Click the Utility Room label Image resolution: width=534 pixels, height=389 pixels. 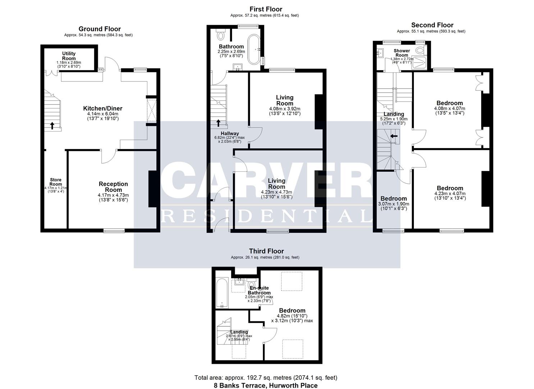(x=69, y=56)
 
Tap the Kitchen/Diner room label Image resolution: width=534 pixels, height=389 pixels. (x=102, y=108)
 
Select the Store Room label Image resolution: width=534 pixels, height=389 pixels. (x=56, y=182)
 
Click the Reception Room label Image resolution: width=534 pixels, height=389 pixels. (x=113, y=187)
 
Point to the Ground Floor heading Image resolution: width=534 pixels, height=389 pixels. (x=100, y=29)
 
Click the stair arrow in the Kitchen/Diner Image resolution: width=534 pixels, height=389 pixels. (x=52, y=125)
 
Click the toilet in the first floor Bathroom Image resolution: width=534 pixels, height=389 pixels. (x=221, y=35)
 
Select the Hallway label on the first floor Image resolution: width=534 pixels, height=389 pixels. (x=230, y=134)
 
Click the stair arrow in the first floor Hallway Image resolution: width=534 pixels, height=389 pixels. (x=219, y=123)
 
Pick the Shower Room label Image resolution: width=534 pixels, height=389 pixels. (x=402, y=53)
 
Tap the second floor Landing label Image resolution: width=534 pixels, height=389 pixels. (x=394, y=114)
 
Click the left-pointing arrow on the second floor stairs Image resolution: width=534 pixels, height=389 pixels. (x=394, y=136)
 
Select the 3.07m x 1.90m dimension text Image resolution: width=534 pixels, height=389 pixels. (x=394, y=204)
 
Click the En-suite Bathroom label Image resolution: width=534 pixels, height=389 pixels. (x=259, y=290)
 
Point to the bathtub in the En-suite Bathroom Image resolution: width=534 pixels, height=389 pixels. (x=222, y=292)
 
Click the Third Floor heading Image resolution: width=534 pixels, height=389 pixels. (x=266, y=251)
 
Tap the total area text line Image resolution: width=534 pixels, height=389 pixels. (x=266, y=378)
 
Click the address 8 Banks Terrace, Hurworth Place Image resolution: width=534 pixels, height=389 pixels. (x=266, y=385)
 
